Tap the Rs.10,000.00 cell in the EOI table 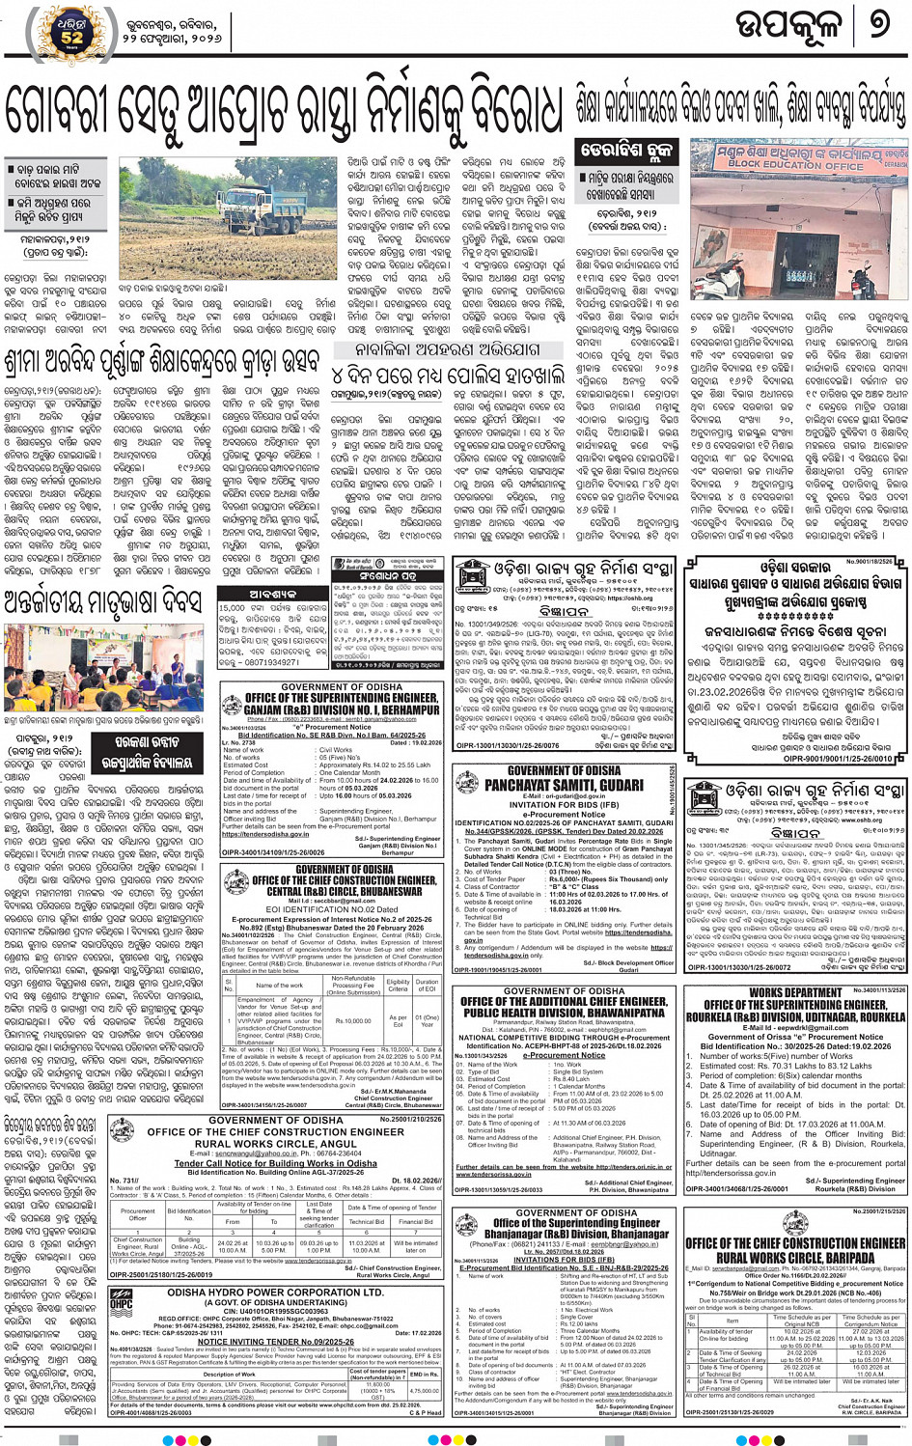coord(353,1020)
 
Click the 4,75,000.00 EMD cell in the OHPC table coord(424,1391)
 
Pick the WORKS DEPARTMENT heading coord(795,992)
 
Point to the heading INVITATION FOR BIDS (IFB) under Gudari coord(564,804)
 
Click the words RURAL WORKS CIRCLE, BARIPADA coord(795,1259)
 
